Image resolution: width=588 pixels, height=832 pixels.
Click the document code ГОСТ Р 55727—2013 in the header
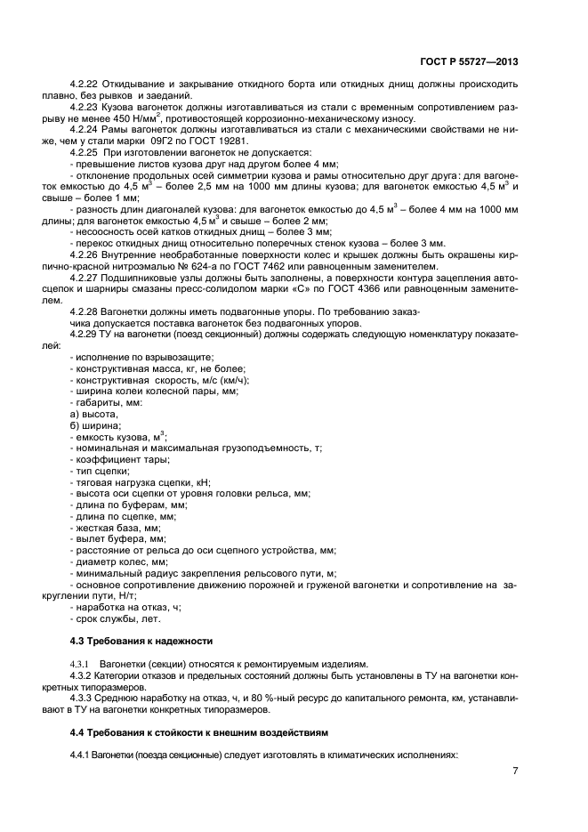tap(468, 61)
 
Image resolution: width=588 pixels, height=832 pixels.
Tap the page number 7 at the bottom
tap(515, 771)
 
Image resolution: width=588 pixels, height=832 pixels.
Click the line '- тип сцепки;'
tap(100, 470)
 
